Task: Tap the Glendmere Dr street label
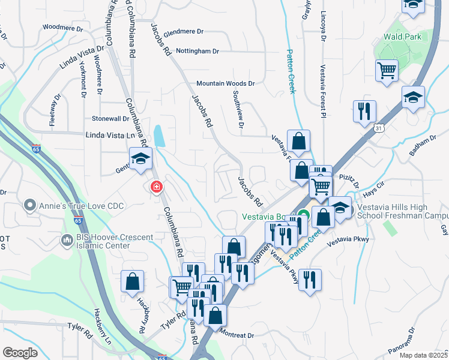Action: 184,32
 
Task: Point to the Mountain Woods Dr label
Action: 226,84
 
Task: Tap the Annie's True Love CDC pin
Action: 29,206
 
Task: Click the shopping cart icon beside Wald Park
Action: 387,71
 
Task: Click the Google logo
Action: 20,353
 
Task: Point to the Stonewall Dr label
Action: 110,119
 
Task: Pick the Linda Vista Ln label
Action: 111,137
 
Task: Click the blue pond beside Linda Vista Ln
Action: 160,136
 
